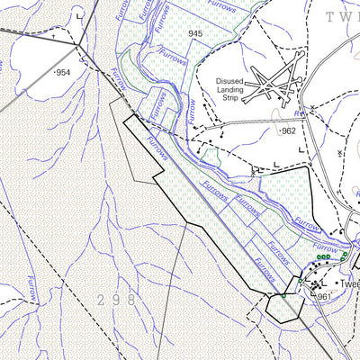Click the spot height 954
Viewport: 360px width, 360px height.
[x=62, y=71]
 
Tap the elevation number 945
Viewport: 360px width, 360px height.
[x=195, y=33]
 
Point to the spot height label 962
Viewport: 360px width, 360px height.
[x=287, y=131]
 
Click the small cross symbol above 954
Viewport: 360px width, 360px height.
[x=53, y=38]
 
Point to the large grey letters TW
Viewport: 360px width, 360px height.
[x=342, y=16]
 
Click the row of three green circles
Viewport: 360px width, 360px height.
[x=323, y=256]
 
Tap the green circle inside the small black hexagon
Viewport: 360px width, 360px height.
[x=284, y=296]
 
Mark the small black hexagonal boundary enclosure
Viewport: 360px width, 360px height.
[x=283, y=306]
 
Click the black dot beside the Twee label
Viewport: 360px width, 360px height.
[x=332, y=284]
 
